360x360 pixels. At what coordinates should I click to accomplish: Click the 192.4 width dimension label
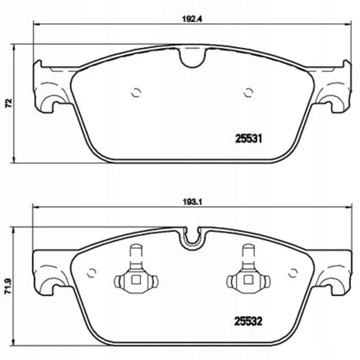(192, 19)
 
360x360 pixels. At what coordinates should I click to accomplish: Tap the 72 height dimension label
(9, 103)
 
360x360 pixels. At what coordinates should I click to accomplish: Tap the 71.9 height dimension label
(9, 286)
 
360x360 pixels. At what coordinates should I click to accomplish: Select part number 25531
(248, 139)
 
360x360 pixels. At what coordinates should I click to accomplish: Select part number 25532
(248, 321)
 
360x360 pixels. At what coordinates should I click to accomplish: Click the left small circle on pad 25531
(136, 93)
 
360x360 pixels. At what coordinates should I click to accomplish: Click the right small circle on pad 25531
(248, 93)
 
